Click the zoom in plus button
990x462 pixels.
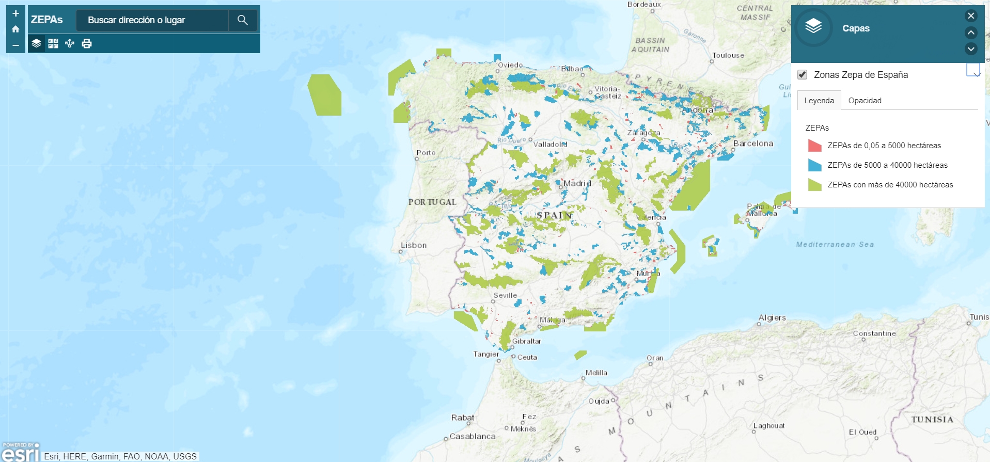15,13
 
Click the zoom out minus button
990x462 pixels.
15,45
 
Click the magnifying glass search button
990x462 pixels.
242,20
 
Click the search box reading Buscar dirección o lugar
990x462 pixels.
152,20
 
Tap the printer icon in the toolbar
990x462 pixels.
87,43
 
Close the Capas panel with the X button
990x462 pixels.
970,16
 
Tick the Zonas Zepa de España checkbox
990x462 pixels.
802,75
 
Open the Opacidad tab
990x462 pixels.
865,101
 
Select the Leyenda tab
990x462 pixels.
819,101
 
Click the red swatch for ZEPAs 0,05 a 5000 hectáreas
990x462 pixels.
814,146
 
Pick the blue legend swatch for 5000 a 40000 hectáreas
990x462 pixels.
814,165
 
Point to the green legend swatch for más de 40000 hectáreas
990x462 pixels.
814,185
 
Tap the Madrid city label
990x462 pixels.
577,183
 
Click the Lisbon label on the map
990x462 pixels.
414,245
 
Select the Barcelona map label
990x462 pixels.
753,144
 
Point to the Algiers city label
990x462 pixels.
772,317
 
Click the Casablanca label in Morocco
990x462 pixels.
472,436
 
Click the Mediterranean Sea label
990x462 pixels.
835,245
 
